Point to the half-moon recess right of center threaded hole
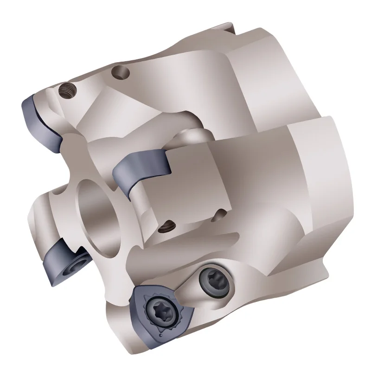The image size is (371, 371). point(220,214)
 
